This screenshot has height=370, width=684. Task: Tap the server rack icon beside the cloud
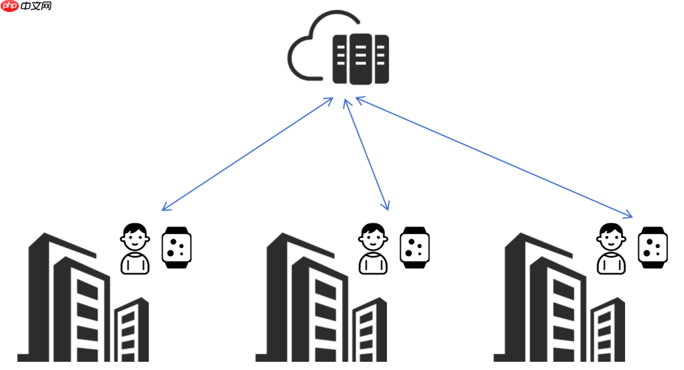coord(360,59)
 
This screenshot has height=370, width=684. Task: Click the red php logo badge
coord(10,6)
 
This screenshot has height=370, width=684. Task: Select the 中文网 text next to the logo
coord(36,6)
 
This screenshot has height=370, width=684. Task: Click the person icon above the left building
coord(135,248)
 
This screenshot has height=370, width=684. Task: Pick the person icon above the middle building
coord(373,248)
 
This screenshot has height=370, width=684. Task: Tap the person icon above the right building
coord(611,248)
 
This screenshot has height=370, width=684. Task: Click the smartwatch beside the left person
coord(177,247)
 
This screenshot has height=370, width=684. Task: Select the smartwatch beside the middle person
coord(415,247)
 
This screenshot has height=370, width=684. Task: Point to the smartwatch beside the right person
coord(652,247)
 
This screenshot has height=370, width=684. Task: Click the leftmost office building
coord(70,304)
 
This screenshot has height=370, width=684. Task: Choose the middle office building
coord(308,304)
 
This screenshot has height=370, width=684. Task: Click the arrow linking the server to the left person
coord(247,154)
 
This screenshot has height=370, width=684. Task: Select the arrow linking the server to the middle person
coord(366,154)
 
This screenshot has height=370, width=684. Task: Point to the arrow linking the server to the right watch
coord(494,157)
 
